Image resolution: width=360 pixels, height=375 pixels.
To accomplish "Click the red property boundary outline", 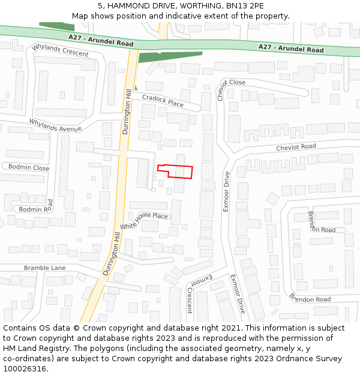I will [x=175, y=171].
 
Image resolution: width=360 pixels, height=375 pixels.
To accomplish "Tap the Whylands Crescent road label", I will [x=60, y=50].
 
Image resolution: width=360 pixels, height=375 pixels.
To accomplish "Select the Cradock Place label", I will [x=163, y=100].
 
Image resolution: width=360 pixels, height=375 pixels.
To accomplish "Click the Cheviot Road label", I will [x=296, y=147].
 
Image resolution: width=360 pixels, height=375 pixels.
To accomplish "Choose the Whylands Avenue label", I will [x=55, y=125].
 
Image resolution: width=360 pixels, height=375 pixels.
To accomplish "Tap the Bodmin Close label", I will [x=29, y=168].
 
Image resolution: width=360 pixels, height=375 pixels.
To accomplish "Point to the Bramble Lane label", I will [x=45, y=268].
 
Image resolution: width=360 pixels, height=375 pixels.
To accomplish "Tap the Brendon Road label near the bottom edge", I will [x=310, y=297].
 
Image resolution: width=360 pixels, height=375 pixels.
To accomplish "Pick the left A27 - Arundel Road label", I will [x=100, y=40].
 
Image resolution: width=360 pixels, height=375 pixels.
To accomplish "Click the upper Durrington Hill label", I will [x=127, y=112].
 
